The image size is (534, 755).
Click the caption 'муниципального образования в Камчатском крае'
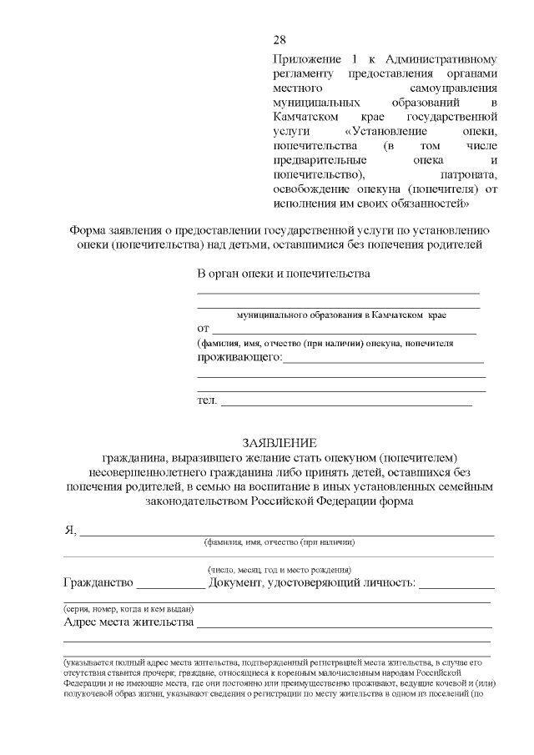pos(341,317)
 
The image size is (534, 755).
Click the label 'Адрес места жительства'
pos(128,622)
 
